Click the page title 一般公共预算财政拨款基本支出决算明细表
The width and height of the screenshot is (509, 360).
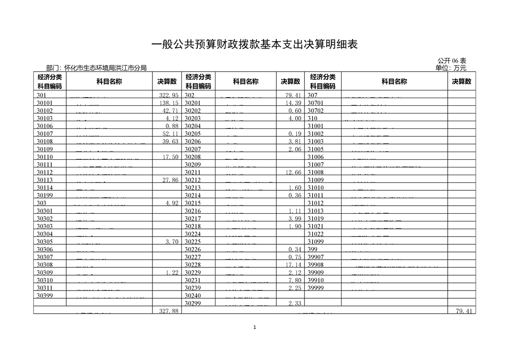coord(254,44)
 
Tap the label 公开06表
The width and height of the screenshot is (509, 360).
coord(452,61)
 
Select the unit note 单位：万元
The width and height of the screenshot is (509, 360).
coord(450,68)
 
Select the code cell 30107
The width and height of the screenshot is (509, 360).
coord(45,134)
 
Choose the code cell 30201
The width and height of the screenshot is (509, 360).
coord(193,103)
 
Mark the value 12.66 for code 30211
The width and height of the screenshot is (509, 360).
coord(294,173)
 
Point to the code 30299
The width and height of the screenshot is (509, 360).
coord(193,303)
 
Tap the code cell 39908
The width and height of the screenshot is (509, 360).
coord(316,265)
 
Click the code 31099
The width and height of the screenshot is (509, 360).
coord(316,242)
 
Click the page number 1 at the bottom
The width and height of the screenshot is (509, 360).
coord(254,327)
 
